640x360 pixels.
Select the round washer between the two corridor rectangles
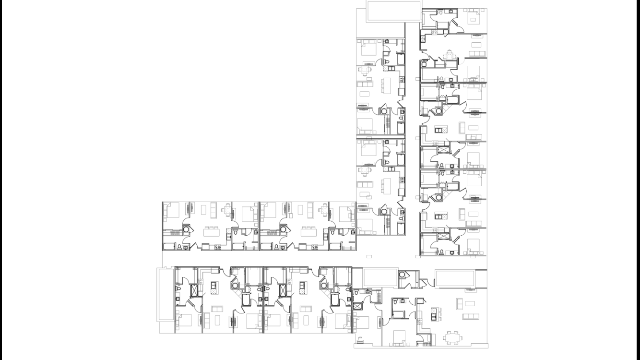point(402,276)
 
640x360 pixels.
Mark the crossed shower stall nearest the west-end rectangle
point(194,291)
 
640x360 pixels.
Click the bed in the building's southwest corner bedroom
point(184,321)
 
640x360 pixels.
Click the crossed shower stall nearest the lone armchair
point(357,306)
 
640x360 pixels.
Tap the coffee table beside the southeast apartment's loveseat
point(470,303)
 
